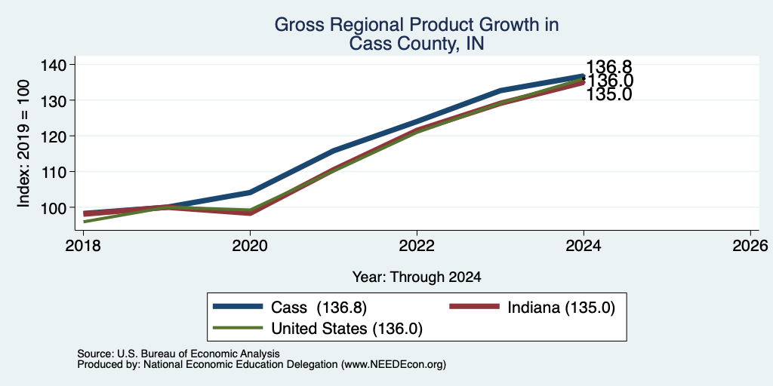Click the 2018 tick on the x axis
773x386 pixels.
pos(83,245)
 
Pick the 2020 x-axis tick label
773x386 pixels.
pos(250,245)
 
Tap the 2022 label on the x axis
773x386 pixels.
pos(417,245)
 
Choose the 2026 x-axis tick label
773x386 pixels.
pos(750,245)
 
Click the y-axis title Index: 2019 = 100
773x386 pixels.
pos(23,143)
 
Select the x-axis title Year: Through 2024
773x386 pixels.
pos(417,277)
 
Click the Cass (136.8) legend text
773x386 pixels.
pos(319,308)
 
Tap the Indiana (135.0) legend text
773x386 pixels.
pos(562,308)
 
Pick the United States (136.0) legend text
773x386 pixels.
pos(347,329)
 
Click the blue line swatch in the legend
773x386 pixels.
pos(238,307)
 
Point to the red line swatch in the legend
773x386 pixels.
pos(475,307)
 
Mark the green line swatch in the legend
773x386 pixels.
pos(238,327)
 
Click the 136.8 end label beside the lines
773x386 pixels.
pos(609,67)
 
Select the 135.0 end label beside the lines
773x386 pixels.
pos(609,94)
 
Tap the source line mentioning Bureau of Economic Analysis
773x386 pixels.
pos(178,354)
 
